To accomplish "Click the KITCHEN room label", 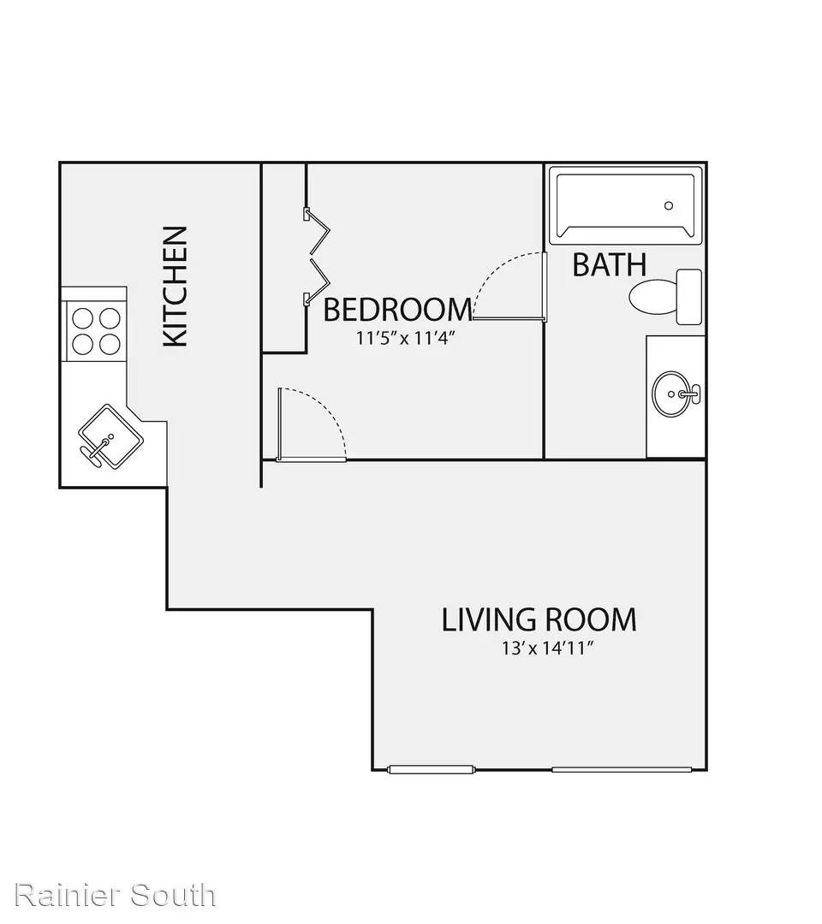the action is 176,287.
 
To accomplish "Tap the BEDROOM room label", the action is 398,310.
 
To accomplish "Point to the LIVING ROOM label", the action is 539,619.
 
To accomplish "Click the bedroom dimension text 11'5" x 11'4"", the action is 406,339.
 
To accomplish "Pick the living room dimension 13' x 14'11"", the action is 546,649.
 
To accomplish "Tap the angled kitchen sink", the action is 110,437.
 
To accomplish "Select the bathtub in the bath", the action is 626,205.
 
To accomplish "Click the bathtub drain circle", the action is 669,205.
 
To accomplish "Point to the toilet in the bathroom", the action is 666,296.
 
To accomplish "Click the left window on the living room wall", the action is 431,769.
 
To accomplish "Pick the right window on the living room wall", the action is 622,769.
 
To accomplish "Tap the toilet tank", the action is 688,296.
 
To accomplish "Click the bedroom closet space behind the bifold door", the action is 283,258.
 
